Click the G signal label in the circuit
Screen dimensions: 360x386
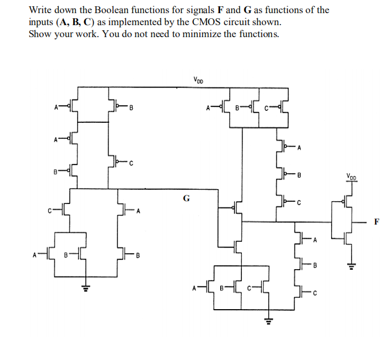186,198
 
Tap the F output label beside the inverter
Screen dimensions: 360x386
376,222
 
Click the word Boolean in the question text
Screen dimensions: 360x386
113,10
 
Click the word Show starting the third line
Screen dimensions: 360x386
40,33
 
